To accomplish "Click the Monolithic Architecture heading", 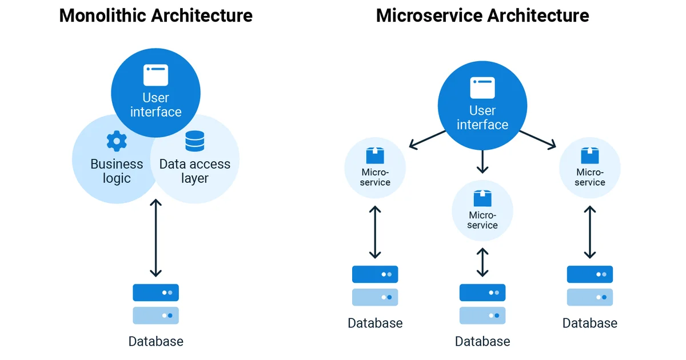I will [155, 15].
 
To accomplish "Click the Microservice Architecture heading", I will [482, 15].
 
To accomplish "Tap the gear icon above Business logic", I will [117, 141].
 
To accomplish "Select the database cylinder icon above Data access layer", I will [194, 141].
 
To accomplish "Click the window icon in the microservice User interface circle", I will [482, 88].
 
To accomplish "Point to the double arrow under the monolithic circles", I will [155, 238].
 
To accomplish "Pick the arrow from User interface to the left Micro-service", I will [428, 139].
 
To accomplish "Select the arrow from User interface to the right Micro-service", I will [537, 139].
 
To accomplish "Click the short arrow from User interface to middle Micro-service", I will [482, 162].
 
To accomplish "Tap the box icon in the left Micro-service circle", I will [375, 155].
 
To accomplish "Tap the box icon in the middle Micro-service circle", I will [482, 198].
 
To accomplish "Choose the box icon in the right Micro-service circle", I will [589, 155].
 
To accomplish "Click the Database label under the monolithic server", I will [155, 342].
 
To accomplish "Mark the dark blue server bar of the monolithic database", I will [155, 293].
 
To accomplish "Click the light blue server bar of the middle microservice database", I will [482, 315].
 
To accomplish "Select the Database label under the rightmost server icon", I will [589, 323].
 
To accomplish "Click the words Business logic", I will [117, 171].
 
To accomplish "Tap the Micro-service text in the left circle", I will [375, 177].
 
